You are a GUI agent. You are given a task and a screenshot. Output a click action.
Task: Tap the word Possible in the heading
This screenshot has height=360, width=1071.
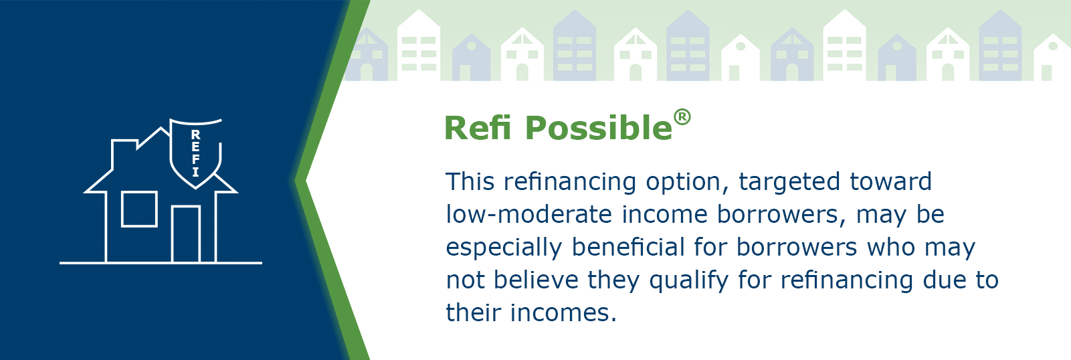click(599, 128)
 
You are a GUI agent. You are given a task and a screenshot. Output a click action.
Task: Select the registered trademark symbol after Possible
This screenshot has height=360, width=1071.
click(682, 118)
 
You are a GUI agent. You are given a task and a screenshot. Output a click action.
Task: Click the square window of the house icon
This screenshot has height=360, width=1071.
click(139, 209)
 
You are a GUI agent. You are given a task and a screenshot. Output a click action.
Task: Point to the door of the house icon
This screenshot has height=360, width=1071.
click(185, 234)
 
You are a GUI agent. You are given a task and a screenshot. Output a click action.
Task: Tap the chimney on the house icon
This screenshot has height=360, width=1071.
click(125, 153)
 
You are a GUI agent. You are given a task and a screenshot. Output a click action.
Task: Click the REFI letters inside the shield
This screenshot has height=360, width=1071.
click(195, 153)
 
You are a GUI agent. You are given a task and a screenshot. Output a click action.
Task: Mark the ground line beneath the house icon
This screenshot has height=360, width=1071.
click(161, 263)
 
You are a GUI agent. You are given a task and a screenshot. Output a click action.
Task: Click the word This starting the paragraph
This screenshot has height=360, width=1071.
click(470, 182)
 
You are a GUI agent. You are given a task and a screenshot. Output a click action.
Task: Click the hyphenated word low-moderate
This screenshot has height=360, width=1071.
click(528, 214)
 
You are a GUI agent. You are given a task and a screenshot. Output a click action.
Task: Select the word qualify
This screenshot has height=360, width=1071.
click(689, 281)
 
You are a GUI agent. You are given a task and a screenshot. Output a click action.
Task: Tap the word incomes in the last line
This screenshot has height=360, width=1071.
click(564, 312)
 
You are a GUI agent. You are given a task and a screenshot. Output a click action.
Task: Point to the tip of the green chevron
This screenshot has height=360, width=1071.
click(294, 181)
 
